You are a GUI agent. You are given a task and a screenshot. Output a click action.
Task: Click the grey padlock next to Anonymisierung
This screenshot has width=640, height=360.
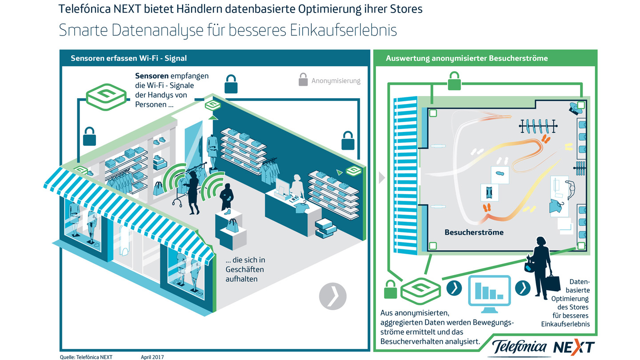(303, 80)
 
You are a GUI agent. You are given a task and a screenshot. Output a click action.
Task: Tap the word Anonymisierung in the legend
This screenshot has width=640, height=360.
(336, 81)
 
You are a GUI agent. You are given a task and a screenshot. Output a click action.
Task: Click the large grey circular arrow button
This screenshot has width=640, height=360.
(332, 295)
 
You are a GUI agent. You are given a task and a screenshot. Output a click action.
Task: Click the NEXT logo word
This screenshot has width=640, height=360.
(573, 347)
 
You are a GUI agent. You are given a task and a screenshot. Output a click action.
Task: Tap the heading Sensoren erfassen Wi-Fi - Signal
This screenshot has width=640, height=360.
(129, 58)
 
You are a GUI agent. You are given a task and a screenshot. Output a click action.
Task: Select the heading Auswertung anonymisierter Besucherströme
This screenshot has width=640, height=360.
(467, 58)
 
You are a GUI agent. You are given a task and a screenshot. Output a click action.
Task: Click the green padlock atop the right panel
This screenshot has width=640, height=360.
(453, 81)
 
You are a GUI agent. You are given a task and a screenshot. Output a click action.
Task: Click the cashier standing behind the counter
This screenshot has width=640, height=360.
(296, 187)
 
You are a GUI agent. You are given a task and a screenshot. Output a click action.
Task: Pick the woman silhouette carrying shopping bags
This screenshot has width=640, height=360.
(540, 267)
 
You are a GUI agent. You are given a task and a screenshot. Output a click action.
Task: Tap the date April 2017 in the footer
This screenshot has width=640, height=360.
(152, 356)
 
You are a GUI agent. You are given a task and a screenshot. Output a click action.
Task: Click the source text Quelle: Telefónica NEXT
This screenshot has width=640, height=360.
(86, 356)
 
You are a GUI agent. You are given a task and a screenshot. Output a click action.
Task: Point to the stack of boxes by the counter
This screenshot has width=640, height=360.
(326, 227)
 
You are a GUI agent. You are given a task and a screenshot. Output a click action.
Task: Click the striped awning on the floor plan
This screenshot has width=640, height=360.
(405, 176)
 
